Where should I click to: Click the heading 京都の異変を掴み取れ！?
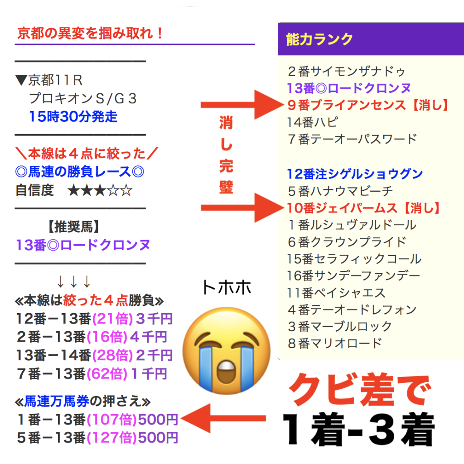tap(90, 33)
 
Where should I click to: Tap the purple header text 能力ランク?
tap(319, 39)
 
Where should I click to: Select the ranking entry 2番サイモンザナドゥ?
tap(347, 71)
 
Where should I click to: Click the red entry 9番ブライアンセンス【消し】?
tap(368, 105)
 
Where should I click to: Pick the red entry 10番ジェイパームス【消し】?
tap(364, 208)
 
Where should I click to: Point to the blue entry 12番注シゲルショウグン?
tap(355, 174)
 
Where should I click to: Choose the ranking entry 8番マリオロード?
tap(335, 343)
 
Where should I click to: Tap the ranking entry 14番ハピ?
tap(312, 122)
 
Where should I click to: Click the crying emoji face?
tap(227, 351)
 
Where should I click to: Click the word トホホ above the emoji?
tap(227, 287)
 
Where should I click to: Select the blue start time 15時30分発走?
tap(73, 116)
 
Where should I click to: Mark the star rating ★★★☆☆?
tap(100, 190)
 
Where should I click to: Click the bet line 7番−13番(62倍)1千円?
tap(92, 373)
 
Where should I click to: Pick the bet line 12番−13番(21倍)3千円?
tap(94, 319)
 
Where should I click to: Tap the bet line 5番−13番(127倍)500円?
tap(97, 438)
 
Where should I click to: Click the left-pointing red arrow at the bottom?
tap(223, 418)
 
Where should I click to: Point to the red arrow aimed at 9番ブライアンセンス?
tap(242, 105)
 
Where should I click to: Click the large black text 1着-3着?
tap(359, 429)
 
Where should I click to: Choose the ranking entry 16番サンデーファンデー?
tap(353, 276)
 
